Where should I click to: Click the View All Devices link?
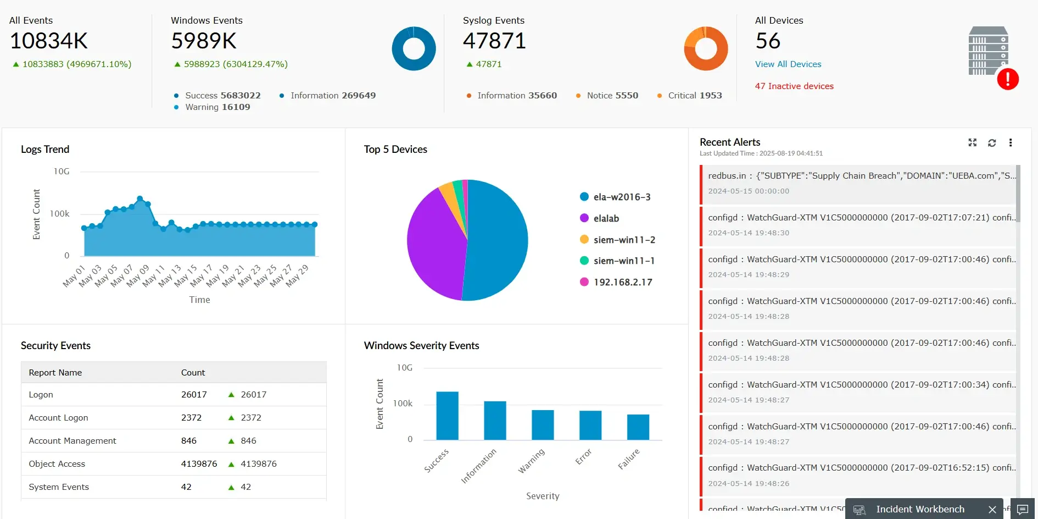788,64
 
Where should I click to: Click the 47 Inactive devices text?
794,86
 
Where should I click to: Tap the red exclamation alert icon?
1007,79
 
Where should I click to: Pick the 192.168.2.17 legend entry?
622,282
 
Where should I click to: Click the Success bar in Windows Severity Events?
447,416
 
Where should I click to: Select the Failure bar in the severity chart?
638,427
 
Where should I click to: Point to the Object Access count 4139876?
199,464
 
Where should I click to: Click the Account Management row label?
72,441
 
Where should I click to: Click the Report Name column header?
55,373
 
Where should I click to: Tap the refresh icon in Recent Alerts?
991,143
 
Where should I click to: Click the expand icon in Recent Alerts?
972,143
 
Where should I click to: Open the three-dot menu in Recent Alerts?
1010,143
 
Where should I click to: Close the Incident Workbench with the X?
992,510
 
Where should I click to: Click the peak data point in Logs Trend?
139,198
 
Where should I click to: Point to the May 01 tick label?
74,277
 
